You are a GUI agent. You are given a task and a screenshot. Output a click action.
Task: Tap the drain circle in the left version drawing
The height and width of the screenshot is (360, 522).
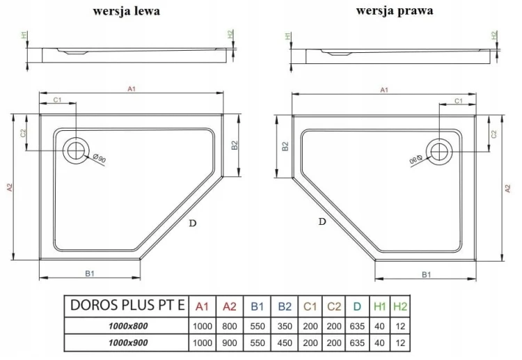[76, 149]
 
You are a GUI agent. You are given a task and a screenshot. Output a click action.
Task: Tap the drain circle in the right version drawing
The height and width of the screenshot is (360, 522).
[440, 150]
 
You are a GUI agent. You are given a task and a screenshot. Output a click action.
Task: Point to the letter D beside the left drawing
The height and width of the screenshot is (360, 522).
[192, 223]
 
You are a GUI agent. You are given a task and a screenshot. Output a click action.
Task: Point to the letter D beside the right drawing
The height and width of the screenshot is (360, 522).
[322, 222]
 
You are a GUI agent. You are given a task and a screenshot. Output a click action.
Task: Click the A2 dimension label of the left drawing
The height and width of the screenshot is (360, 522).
[9, 187]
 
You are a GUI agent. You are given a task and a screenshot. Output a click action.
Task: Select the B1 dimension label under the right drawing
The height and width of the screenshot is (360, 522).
[425, 274]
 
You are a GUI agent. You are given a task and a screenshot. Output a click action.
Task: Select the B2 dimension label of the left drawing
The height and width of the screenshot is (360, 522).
[235, 146]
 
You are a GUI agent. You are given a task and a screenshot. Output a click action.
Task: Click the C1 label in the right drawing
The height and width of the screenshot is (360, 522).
[459, 102]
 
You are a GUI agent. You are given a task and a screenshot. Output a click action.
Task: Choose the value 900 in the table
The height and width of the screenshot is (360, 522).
[228, 343]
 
